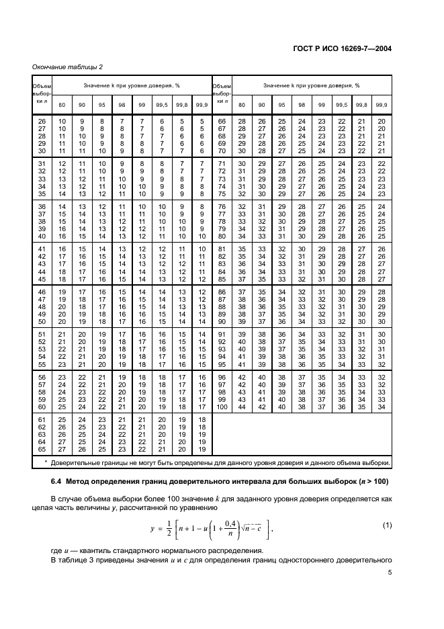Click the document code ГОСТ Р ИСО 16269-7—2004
351,48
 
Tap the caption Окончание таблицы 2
67,67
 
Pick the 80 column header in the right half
242,104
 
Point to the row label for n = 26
42,120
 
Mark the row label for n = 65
42,450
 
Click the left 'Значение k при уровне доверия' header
132,86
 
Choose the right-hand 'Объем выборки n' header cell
222,93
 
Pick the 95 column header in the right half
281,104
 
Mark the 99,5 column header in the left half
162,104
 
